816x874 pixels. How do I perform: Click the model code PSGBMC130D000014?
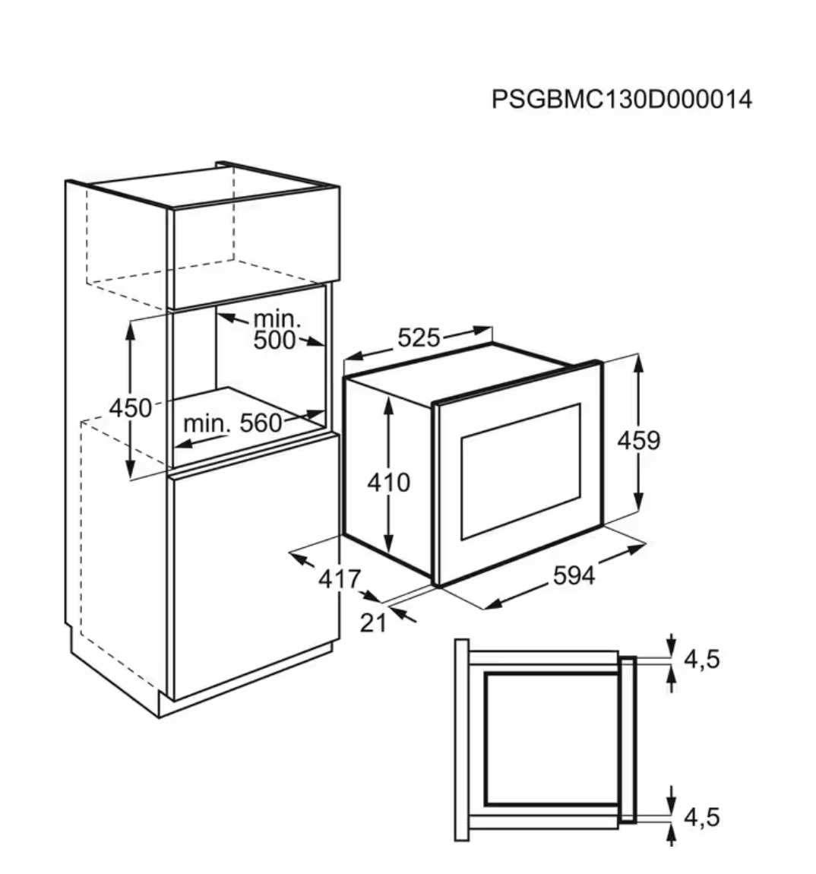621,100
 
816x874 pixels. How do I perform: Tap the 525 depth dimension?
419,338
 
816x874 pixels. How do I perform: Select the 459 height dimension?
638,440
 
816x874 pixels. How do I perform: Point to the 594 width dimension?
574,577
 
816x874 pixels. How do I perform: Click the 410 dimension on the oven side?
388,482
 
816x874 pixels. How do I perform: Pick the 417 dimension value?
339,579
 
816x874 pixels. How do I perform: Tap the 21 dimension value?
373,623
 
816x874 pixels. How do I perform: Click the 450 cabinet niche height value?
130,408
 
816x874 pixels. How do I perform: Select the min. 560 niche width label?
232,423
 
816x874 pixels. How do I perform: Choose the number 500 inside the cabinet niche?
274,340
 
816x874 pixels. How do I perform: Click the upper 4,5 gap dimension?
701,659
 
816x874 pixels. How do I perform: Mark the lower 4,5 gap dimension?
701,818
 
